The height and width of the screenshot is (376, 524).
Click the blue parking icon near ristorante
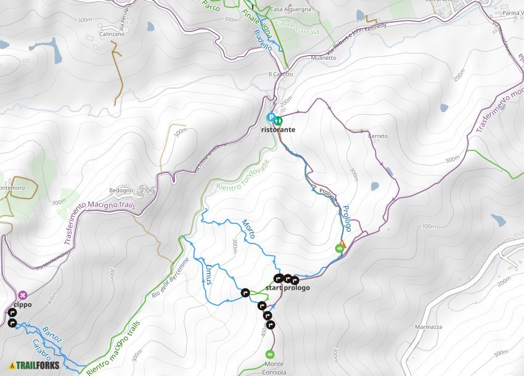(270, 117)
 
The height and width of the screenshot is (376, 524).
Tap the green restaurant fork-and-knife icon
(279, 120)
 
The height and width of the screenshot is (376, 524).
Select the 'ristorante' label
(278, 130)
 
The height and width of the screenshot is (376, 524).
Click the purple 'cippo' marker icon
(23, 295)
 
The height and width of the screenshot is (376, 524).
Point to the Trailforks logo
(35, 366)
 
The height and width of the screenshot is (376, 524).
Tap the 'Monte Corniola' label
(270, 368)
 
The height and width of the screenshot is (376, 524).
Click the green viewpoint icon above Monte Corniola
(269, 354)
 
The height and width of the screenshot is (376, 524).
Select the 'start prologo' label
(287, 288)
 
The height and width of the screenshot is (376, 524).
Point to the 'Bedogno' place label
(121, 190)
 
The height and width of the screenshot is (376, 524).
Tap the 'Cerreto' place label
(377, 136)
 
